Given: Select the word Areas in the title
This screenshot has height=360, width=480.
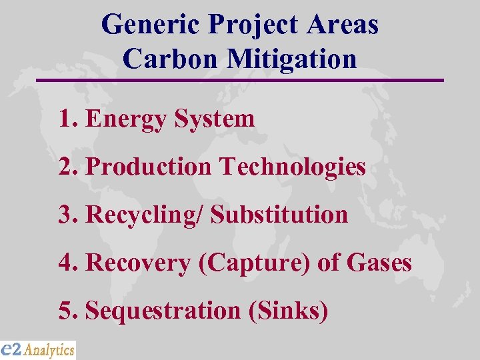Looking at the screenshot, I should tap(344, 25).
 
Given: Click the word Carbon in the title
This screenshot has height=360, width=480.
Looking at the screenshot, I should tap(171, 59).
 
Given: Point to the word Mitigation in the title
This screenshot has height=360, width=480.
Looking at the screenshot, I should tap(292, 59).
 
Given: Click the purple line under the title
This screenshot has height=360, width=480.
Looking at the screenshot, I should tap(240, 80).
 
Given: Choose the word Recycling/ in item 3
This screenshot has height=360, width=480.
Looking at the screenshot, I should tap(144, 215).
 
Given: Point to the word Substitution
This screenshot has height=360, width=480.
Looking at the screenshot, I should tap(279, 215).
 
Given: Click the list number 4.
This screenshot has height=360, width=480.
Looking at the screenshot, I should tap(65, 263).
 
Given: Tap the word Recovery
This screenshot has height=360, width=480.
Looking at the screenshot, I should tap(139, 263).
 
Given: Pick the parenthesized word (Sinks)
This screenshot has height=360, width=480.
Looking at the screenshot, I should tap(288, 311).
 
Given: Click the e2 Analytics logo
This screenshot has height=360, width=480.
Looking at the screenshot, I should tap(38, 349).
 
